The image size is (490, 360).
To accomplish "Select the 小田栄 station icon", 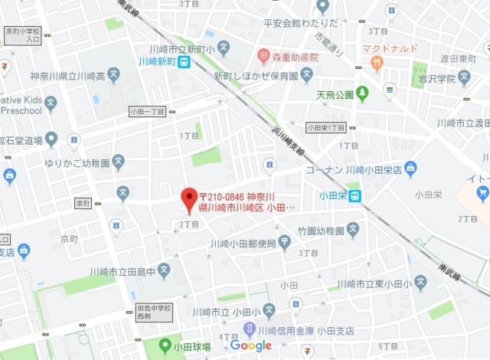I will click(x=355, y=195).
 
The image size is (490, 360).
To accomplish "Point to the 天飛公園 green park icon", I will click(x=361, y=93).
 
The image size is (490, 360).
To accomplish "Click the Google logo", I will click(x=251, y=346).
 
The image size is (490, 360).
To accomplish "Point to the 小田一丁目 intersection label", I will click(x=148, y=111).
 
